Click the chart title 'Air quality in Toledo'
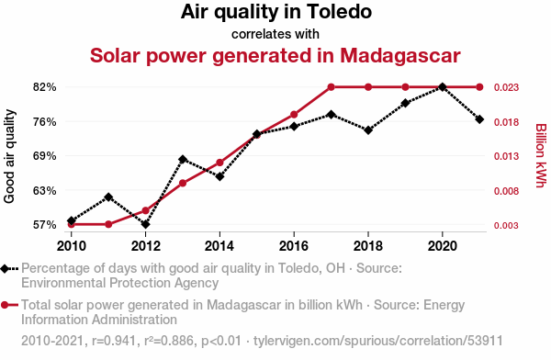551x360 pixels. [x=276, y=12]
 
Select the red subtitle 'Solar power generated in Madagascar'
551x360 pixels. [x=275, y=55]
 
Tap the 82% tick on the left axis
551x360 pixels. [x=45, y=87]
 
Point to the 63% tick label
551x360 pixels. [x=45, y=191]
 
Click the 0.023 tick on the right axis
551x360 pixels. [x=506, y=87]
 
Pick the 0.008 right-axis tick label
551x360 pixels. [x=506, y=191]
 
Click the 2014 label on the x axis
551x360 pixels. [x=219, y=246]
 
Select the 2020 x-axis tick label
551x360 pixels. [x=443, y=246]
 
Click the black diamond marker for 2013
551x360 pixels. [x=183, y=160]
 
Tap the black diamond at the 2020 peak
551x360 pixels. [x=443, y=87]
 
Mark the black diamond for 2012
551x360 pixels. [x=145, y=224]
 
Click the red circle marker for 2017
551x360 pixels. [x=331, y=87]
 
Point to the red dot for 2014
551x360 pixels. [x=219, y=163]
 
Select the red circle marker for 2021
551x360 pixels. [x=479, y=87]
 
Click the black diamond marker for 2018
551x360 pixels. [x=368, y=130]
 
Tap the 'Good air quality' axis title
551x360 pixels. [x=9, y=156]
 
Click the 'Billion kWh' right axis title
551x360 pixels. [x=541, y=155]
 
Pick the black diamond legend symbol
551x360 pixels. [x=5, y=269]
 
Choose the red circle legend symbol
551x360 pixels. [x=5, y=305]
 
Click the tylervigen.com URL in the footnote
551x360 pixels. [x=378, y=341]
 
